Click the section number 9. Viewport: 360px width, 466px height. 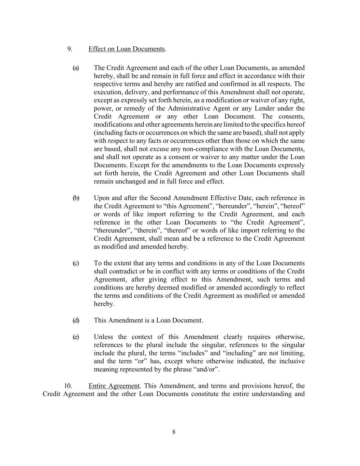(70, 49)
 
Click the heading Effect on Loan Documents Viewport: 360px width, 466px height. (127, 49)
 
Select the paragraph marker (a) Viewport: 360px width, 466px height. (76, 68)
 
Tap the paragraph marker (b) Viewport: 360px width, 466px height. (76, 198)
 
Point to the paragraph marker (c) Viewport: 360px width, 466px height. (76, 263)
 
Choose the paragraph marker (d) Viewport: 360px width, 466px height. (76, 320)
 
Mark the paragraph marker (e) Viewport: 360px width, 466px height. (76, 337)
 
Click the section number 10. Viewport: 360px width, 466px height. (68, 386)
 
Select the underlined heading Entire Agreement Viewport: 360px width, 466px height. (114, 386)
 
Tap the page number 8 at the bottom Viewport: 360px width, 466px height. (174, 432)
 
